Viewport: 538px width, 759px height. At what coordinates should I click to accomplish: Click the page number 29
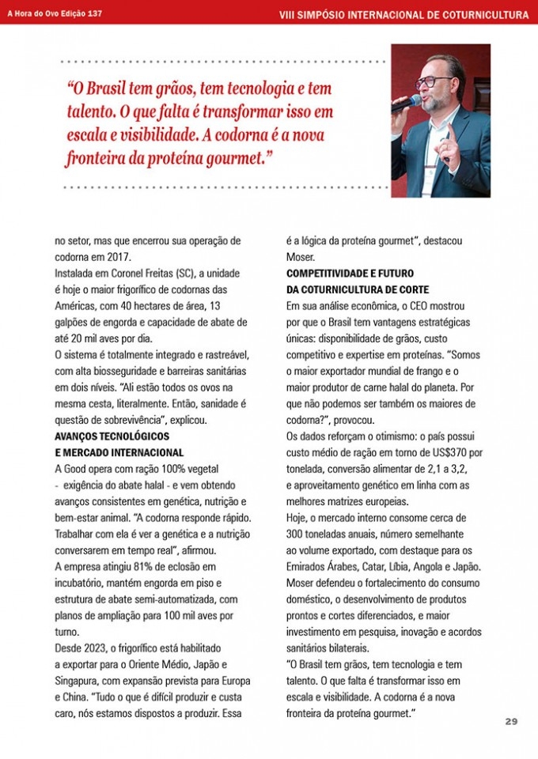coord(511,722)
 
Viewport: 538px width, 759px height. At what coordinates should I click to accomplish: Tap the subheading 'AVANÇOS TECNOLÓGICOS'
coord(112,436)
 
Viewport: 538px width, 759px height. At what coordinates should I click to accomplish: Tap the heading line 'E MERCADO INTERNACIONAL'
coord(119,452)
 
